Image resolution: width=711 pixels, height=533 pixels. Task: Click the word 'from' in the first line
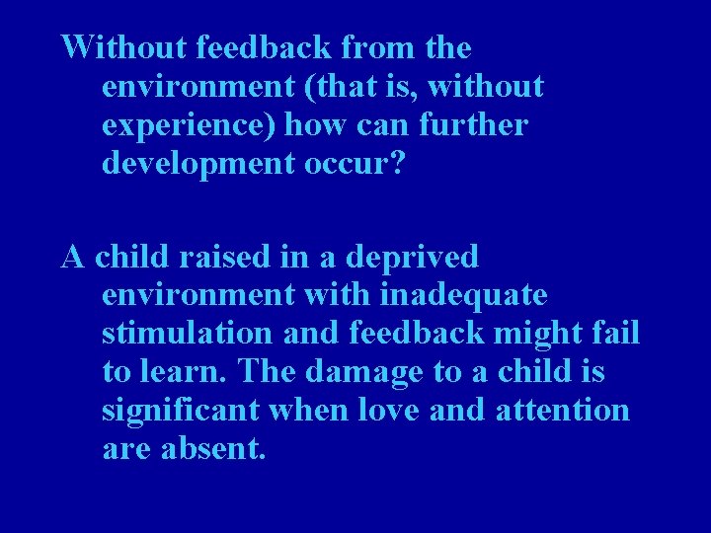(x=319, y=46)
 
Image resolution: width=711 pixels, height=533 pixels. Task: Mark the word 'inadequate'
(x=465, y=295)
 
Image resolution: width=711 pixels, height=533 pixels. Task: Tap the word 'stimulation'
(x=189, y=333)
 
